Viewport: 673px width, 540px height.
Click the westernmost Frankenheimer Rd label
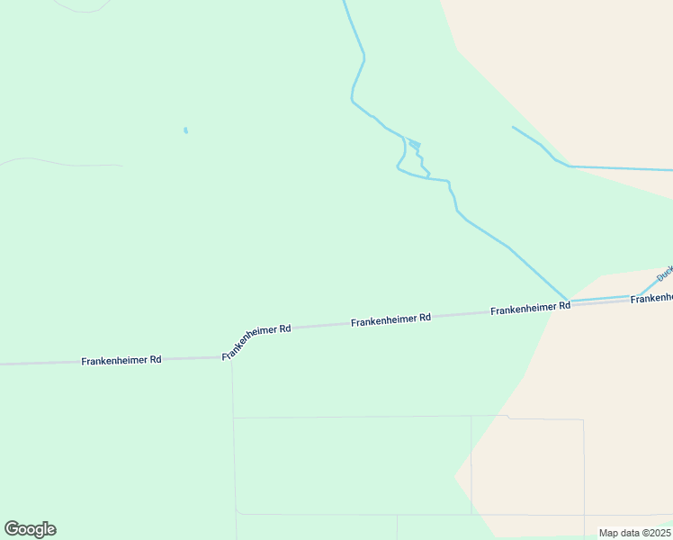[121, 360]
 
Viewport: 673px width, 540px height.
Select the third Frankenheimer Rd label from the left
[391, 319]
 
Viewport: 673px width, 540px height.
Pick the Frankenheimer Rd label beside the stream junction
[531, 308]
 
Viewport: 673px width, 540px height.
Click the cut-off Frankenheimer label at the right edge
[651, 298]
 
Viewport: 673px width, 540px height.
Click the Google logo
[30, 529]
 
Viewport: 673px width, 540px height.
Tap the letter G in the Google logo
[12, 529]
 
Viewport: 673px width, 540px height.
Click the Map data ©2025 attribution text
[634, 533]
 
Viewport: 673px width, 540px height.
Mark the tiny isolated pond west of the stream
[185, 130]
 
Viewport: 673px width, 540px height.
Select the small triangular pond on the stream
[414, 144]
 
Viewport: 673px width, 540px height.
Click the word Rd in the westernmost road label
[155, 360]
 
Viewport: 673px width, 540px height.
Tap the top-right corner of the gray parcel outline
[583, 420]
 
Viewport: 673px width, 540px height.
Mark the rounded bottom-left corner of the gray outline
[237, 511]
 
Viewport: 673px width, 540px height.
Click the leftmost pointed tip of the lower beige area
[454, 474]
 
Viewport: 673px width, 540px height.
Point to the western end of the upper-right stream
[513, 127]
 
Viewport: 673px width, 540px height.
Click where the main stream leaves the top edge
[344, 2]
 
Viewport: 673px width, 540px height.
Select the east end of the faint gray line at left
[121, 166]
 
